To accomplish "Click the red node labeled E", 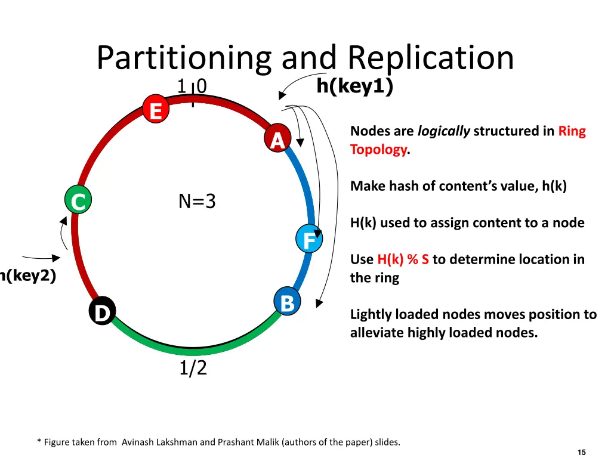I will point(156,111).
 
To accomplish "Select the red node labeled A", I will point(277,141).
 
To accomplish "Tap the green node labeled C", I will point(78,202).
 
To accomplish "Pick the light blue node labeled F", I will point(309,240).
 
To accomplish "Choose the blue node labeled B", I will point(287,302).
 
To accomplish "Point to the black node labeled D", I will point(103,312).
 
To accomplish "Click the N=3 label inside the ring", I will point(197,202).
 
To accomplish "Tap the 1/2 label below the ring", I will point(193,368).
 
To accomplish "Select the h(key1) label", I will point(354,87).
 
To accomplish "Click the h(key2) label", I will point(27,276).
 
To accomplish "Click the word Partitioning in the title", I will point(183,58).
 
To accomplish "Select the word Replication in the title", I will point(431,58).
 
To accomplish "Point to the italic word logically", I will point(443,131).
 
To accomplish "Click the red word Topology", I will point(378,150).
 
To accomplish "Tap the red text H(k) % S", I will point(403,260).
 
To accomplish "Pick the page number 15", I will point(582,453).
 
